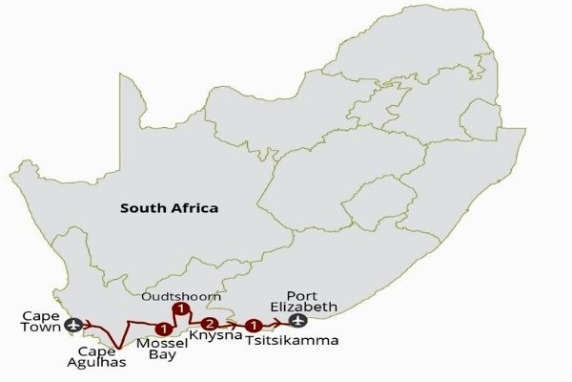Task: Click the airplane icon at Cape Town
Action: click(x=75, y=328)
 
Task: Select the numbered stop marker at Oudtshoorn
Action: click(x=177, y=310)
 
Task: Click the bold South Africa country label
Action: click(x=168, y=207)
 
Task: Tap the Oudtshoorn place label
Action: click(x=181, y=295)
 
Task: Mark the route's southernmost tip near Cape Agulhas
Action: click(x=116, y=348)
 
